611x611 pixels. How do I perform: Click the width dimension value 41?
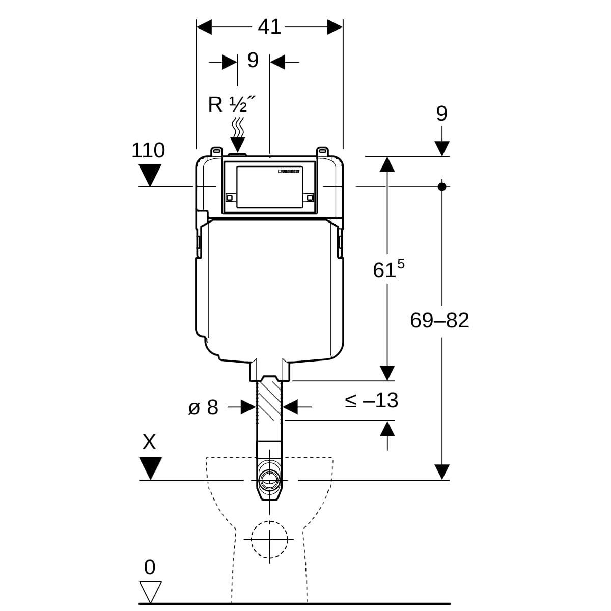coord(269,27)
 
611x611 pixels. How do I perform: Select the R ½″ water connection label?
coord(231,104)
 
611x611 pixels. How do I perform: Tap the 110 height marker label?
coord(148,151)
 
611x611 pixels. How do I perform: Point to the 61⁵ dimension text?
coord(388,270)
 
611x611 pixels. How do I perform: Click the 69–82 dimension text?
coord(439,321)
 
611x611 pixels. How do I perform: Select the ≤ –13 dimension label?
coord(371,401)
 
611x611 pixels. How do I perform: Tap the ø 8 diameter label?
coord(203,407)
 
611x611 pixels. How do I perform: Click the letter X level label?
coord(149,442)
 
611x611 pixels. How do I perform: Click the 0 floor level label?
coord(150,567)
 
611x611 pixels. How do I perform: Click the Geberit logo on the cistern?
coord(290,171)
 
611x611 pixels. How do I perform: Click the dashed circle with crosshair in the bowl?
coord(269,539)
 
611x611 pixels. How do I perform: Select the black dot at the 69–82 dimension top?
coord(442,187)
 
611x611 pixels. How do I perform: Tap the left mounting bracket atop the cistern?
coord(217,151)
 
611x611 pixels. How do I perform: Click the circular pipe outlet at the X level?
coord(269,479)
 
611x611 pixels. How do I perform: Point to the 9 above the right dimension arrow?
coord(441,114)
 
